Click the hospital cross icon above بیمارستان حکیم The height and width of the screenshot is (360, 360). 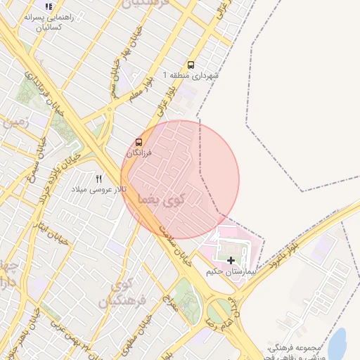(x=231, y=260)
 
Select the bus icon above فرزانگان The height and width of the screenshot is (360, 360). (x=139, y=142)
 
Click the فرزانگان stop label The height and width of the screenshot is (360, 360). (x=139, y=153)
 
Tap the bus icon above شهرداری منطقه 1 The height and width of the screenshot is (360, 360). (x=191, y=65)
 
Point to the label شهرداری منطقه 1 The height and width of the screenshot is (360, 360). (x=191, y=75)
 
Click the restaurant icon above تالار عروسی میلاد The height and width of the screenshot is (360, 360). (x=98, y=179)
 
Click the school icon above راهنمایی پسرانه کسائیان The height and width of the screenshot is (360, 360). (x=49, y=6)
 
